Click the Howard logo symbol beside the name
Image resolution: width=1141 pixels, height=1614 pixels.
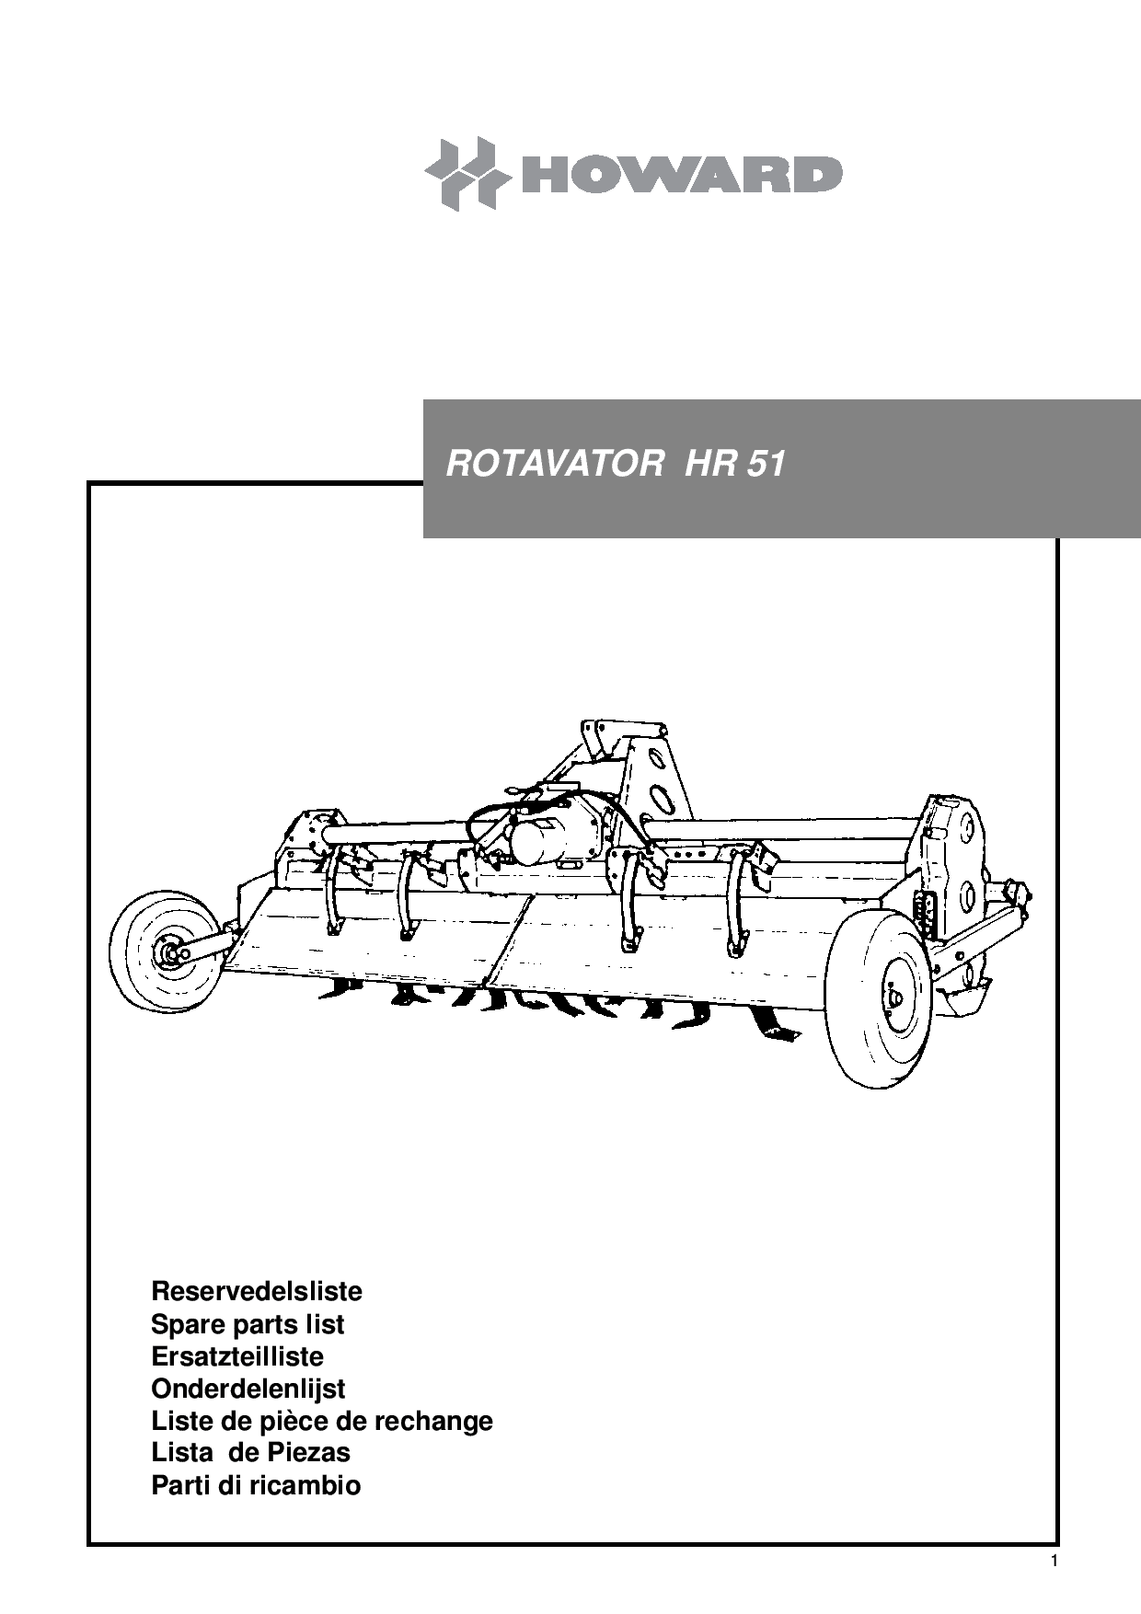pyautogui.click(x=467, y=174)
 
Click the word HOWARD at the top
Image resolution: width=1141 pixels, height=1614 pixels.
pyautogui.click(x=682, y=175)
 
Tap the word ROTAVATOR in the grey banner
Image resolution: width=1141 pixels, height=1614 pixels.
pyautogui.click(x=554, y=464)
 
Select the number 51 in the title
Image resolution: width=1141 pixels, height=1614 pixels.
pyautogui.click(x=766, y=464)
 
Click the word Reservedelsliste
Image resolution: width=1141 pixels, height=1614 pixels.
pyautogui.click(x=257, y=1291)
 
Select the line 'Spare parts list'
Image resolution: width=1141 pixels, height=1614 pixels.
pyautogui.click(x=248, y=1324)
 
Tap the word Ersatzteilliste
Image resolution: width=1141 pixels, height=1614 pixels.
pyautogui.click(x=237, y=1356)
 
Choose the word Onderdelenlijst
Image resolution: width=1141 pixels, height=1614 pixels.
pyautogui.click(x=248, y=1389)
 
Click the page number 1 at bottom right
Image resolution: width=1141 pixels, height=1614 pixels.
pyautogui.click(x=1054, y=1561)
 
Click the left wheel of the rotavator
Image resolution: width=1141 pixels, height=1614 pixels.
pyautogui.click(x=167, y=951)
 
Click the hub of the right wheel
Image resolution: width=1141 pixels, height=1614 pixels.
pyautogui.click(x=893, y=997)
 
